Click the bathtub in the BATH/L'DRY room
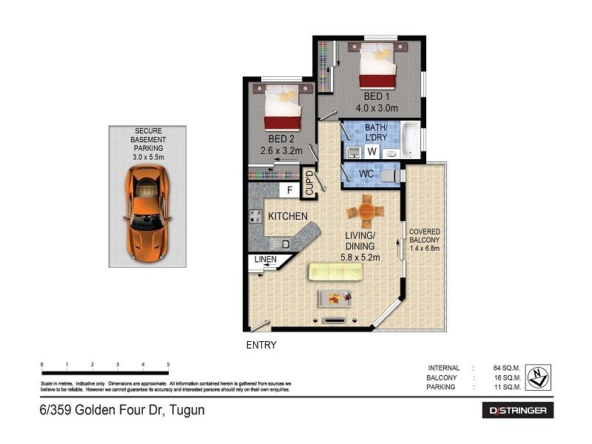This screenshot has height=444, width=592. click(x=410, y=141)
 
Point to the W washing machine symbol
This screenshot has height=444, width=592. click(x=372, y=152)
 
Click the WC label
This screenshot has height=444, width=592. click(x=365, y=175)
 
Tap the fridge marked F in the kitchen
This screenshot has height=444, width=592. click(x=290, y=192)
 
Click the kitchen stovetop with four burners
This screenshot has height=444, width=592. click(x=256, y=217)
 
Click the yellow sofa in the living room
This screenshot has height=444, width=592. click(x=334, y=271)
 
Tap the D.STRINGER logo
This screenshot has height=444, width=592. click(x=518, y=410)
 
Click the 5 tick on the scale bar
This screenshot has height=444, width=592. click(x=169, y=364)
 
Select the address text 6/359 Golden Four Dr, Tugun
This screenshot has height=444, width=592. click(x=121, y=409)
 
